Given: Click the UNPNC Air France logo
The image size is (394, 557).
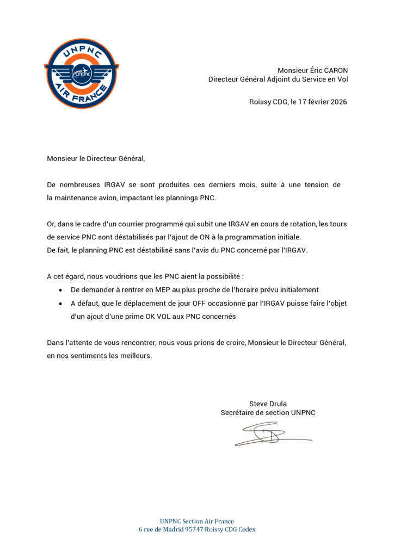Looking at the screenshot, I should point(81,73).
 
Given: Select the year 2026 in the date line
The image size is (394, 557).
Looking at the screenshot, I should point(338,102).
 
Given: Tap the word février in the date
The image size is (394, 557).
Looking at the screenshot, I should point(315,102).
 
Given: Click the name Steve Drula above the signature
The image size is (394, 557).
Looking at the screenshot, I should point(268,404).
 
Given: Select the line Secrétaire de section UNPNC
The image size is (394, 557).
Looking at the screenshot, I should point(268,413).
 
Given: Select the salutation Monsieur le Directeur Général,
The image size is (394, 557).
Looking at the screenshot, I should point(96,159).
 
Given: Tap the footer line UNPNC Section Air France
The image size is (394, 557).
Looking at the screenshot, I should point(197,521).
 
